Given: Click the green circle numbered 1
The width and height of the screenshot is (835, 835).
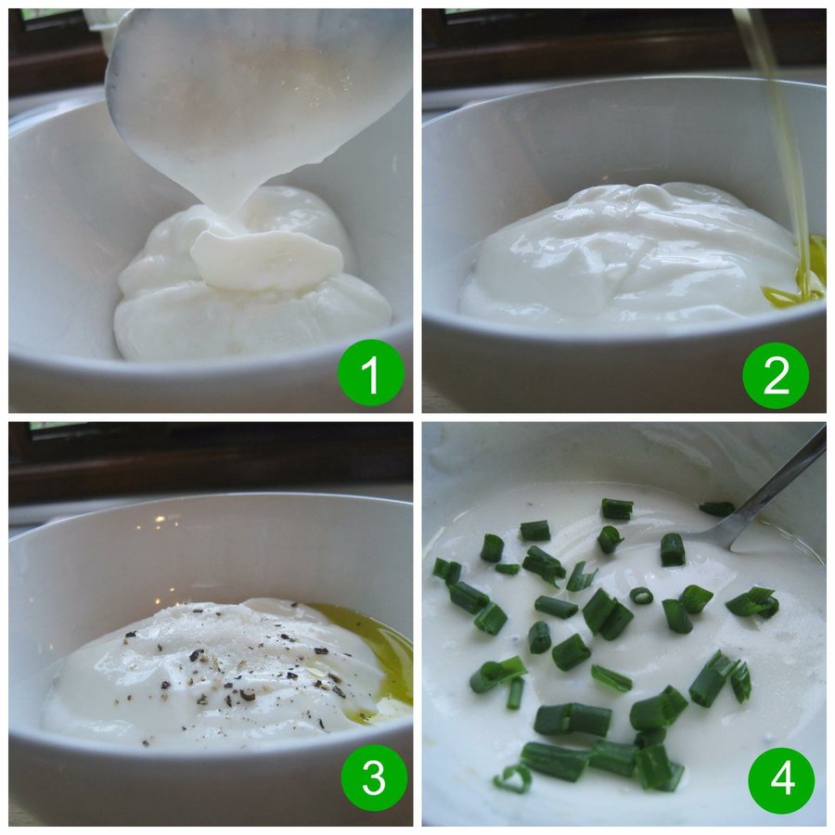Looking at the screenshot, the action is click(x=370, y=372).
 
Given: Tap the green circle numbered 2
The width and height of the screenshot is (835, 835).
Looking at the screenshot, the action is click(x=776, y=376).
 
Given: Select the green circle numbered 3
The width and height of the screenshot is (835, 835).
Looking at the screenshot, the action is click(x=374, y=778).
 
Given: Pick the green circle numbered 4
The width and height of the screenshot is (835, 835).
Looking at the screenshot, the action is click(x=781, y=780).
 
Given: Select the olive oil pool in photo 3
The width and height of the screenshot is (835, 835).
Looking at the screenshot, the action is click(x=373, y=661).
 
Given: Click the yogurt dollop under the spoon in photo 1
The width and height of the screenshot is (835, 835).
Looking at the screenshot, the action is click(x=253, y=276).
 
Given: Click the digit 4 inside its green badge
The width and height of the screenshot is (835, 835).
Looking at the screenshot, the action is click(x=782, y=780).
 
